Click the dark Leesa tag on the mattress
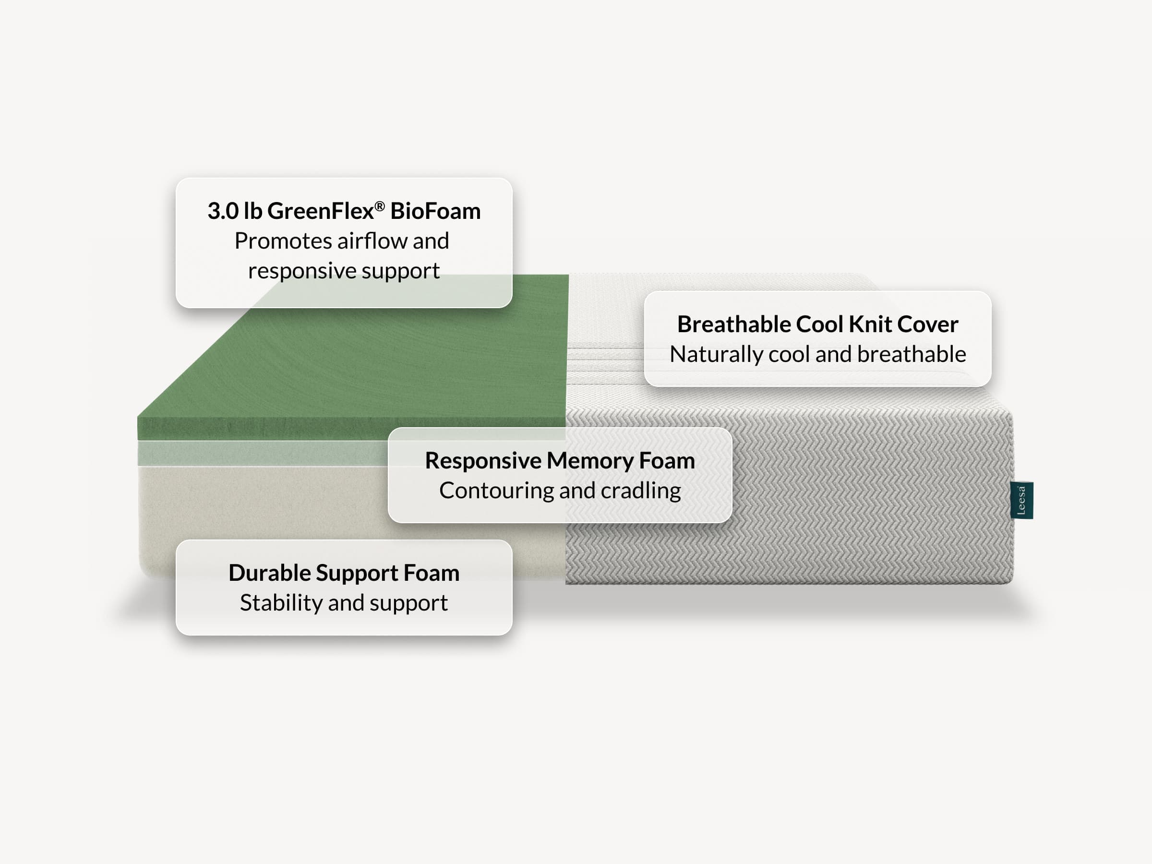1021,500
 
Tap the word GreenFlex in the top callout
320,211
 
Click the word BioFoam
435,211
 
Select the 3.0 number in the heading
223,211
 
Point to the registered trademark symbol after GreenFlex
380,206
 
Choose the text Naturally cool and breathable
817,354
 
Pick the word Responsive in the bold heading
483,461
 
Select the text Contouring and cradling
560,491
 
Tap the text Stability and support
344,603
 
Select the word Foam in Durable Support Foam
432,573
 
